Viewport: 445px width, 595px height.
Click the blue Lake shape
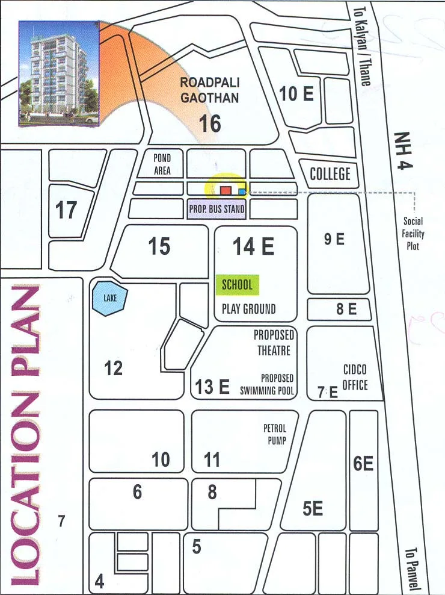[108, 298]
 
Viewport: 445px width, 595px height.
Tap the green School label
[238, 285]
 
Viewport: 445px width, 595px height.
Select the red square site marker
[226, 190]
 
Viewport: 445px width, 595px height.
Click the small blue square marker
[242, 192]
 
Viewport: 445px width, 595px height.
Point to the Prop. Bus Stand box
[217, 210]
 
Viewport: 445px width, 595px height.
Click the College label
[330, 174]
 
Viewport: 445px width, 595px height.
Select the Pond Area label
[162, 164]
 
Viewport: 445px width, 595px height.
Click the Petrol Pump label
[275, 434]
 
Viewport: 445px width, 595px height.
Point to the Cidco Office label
[355, 376]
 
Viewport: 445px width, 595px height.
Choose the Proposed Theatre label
[273, 343]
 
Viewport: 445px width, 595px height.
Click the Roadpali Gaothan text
[209, 90]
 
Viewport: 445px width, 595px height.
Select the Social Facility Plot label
[414, 233]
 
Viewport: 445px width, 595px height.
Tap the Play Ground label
[248, 309]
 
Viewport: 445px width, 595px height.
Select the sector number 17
[66, 210]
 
